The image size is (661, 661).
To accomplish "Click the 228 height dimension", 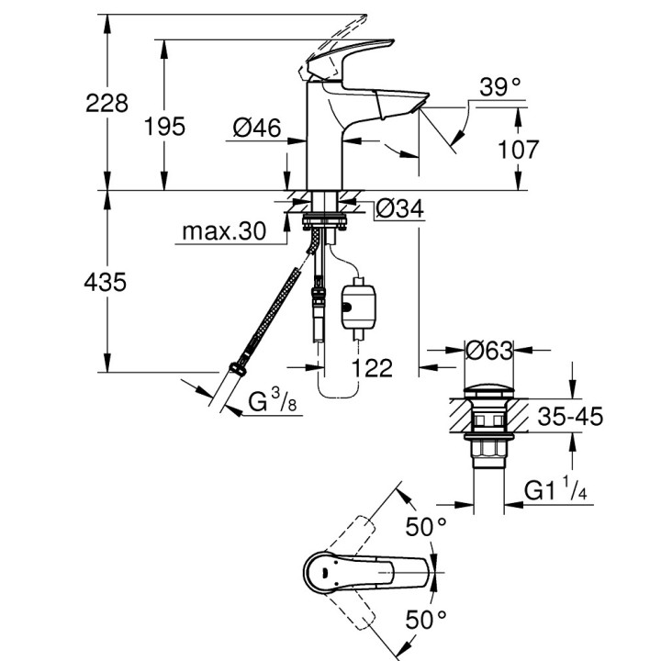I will coord(106,104).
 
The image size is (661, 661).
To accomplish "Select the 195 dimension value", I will coord(164,126).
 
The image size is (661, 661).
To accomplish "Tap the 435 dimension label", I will coord(106,283).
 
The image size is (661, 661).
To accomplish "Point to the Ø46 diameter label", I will coord(256,129).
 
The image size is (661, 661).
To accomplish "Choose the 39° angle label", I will coord(500,88).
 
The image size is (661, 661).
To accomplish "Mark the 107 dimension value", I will coord(518,149).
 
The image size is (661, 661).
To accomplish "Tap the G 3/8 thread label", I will coord(273,402).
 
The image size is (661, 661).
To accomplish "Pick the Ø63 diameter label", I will coord(488,350).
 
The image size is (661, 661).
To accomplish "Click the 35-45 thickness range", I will coord(569,418).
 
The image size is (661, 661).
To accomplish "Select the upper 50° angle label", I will coord(427,527).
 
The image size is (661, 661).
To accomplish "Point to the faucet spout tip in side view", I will coord(423,102).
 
